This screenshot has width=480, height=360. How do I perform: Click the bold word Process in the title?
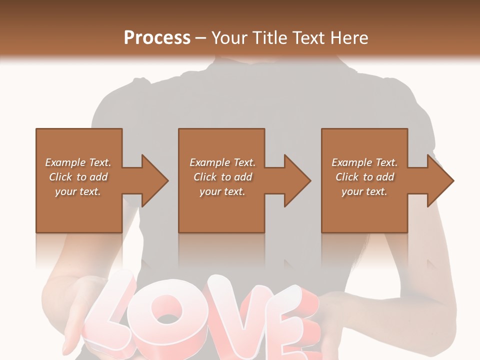pyautogui.click(x=157, y=38)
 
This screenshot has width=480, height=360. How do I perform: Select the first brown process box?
pyautogui.click(x=78, y=210)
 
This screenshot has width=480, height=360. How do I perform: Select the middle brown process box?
pyautogui.click(x=221, y=210)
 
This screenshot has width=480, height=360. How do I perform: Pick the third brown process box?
pyautogui.click(x=364, y=210)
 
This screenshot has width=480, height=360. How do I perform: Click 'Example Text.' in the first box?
pyautogui.click(x=78, y=162)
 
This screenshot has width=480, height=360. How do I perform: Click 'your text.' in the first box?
pyautogui.click(x=78, y=191)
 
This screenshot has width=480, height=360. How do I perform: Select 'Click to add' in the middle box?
pyautogui.click(x=222, y=177)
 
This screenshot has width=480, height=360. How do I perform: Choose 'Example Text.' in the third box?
pyautogui.click(x=364, y=162)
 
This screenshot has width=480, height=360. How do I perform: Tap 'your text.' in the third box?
pyautogui.click(x=364, y=191)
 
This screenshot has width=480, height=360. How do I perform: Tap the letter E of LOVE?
pyautogui.click(x=290, y=330)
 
